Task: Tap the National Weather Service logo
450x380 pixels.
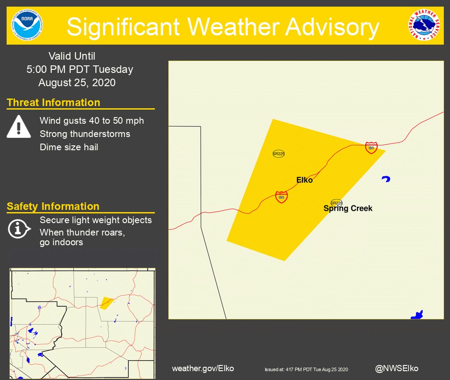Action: pos(424,26)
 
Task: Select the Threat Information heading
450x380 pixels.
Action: pos(53,103)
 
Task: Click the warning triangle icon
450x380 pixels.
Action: pos(19,126)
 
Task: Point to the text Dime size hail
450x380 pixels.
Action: pos(69,147)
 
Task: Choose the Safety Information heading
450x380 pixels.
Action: pos(53,206)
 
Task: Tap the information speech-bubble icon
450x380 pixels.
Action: pos(19,228)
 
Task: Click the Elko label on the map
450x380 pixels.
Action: pos(304,180)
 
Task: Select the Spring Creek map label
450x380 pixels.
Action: pos(348,208)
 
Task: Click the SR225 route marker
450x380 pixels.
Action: pos(279,154)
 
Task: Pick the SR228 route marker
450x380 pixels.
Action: pos(337,203)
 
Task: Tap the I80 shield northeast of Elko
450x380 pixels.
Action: pos(371,148)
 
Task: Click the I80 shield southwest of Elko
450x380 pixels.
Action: pos(281,197)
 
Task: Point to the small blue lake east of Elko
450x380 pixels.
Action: pos(386,179)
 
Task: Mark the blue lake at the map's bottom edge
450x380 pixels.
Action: pos(417,315)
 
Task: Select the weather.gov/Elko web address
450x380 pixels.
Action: pos(203,368)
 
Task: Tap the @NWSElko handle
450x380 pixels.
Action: pos(397,368)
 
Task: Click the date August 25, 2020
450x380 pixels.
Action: pos(77,83)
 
